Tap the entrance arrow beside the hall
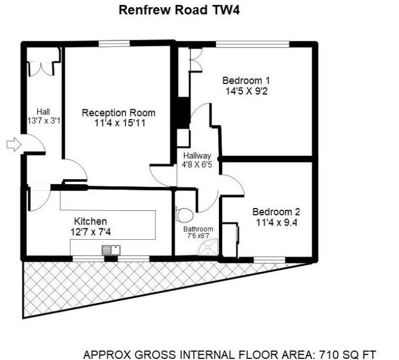pyautogui.click(x=13, y=145)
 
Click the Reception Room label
pyautogui.click(x=118, y=113)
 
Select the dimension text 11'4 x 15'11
pyautogui.click(x=118, y=123)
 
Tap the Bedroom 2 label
pyautogui.click(x=276, y=212)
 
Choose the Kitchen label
pyautogui.click(x=90, y=221)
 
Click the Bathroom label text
pyautogui.click(x=198, y=229)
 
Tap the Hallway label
pyautogui.click(x=197, y=156)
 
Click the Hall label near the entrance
pyautogui.click(x=43, y=111)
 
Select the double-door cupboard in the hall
pyautogui.click(x=42, y=64)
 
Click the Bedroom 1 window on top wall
pyautogui.click(x=252, y=44)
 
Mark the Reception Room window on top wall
pyautogui.click(x=114, y=44)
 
